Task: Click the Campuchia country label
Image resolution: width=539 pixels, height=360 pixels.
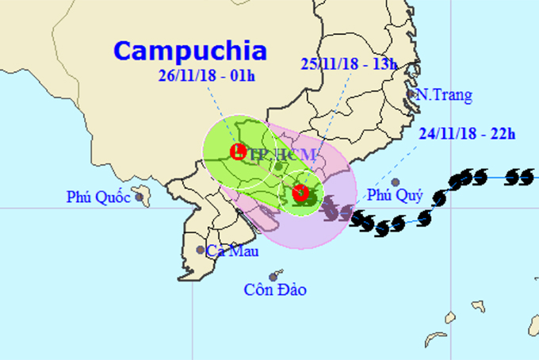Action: (190, 51)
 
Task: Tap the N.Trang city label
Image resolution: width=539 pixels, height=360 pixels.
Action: (444, 96)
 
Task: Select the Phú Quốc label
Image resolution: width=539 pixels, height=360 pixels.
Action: (97, 197)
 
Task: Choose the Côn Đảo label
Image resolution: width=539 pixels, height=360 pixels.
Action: (274, 290)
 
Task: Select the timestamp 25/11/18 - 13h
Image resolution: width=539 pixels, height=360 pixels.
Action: (349, 63)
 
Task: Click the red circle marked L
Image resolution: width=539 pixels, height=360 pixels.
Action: (236, 151)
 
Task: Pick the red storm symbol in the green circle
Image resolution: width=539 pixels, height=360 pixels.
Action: (300, 193)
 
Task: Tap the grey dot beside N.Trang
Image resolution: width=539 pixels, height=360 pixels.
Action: (411, 95)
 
